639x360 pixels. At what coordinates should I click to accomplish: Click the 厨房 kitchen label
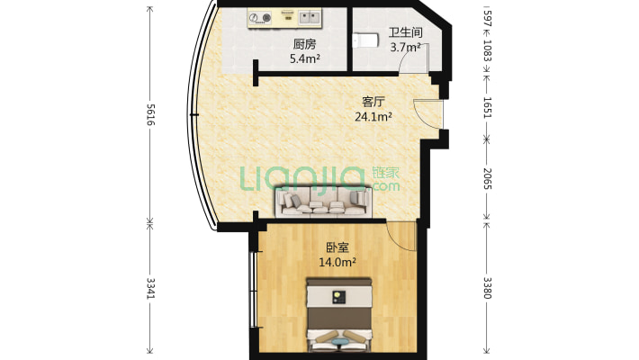(304, 44)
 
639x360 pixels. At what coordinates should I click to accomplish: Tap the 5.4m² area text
(304, 59)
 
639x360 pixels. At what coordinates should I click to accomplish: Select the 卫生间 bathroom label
(405, 32)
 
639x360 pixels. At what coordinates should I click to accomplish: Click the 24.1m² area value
(373, 117)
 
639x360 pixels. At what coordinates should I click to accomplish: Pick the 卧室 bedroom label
(337, 247)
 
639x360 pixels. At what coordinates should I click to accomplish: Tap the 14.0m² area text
(337, 263)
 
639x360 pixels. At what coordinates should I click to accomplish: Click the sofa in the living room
(322, 202)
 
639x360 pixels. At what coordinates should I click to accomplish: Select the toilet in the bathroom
(364, 40)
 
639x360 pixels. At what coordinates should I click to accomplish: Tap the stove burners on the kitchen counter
(262, 16)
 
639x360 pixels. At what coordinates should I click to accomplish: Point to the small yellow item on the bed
(338, 296)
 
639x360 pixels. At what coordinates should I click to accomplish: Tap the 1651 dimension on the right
(487, 109)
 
